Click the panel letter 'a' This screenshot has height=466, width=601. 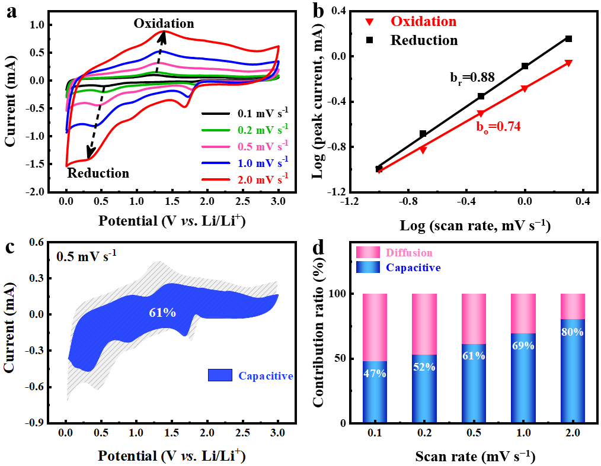tap(11, 12)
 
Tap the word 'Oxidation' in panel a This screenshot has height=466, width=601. tap(164, 24)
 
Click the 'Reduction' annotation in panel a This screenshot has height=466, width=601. tap(98, 173)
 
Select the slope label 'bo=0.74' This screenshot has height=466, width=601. tap(497, 126)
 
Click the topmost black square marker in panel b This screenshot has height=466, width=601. tap(568, 38)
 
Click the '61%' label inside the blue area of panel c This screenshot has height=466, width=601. tap(161, 312)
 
